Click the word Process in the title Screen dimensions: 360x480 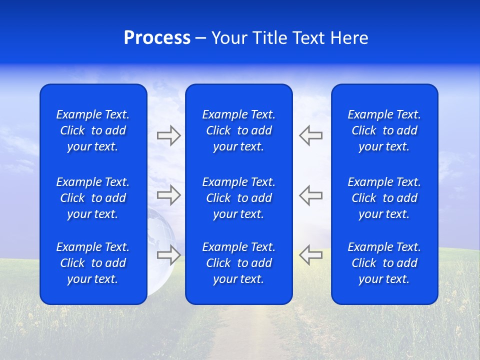(x=157, y=38)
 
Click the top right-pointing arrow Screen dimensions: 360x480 (x=168, y=135)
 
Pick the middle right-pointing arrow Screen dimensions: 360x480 (x=168, y=195)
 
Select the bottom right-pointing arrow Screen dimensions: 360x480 (x=168, y=255)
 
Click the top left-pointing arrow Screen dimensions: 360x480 (x=310, y=135)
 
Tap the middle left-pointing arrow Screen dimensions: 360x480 (x=310, y=195)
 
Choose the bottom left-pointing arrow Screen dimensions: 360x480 (x=310, y=255)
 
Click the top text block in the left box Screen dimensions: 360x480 (x=93, y=130)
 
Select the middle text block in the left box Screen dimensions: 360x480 (x=93, y=198)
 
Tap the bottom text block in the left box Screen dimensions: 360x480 (x=93, y=263)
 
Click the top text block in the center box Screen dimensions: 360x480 (x=238, y=130)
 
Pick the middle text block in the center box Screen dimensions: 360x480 (x=238, y=198)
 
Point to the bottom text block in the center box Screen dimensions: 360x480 (x=238, y=263)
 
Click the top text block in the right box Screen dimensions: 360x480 (x=384, y=130)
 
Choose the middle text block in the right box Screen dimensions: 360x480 (x=384, y=198)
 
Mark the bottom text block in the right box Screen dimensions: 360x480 (x=384, y=263)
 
